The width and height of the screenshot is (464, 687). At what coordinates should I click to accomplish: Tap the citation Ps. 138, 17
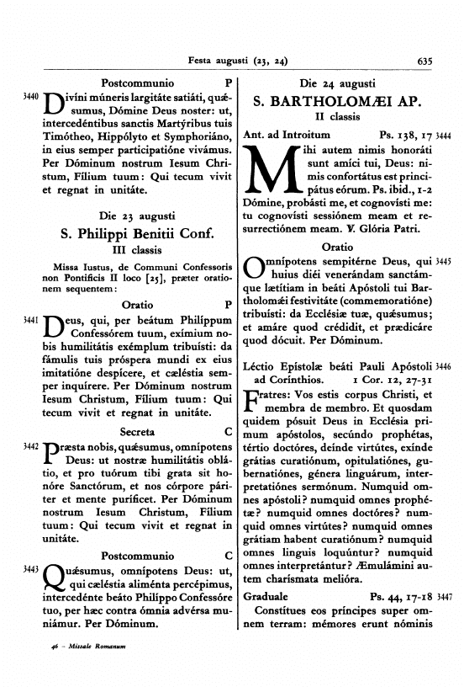tap(407, 134)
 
